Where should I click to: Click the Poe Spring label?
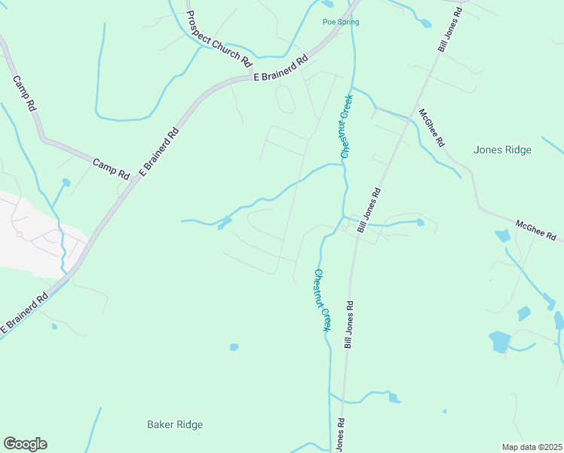point(340,22)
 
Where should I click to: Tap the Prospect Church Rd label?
point(218,40)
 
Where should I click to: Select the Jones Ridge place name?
point(502,149)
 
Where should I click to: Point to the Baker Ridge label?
point(174,424)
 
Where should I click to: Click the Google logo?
point(25,444)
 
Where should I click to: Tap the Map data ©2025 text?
point(532,447)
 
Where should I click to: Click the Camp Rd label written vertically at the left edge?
point(25,94)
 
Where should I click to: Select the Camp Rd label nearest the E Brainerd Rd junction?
point(112,168)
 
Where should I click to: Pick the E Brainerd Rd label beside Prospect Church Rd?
point(281,68)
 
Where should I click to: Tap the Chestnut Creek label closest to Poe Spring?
point(345,125)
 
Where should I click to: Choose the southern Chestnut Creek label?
point(323,300)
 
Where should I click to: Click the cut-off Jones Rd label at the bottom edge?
point(340,435)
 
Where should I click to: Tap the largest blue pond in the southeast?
point(500,342)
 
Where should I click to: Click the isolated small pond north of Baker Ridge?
point(234,347)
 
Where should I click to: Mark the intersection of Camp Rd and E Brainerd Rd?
point(138,180)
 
